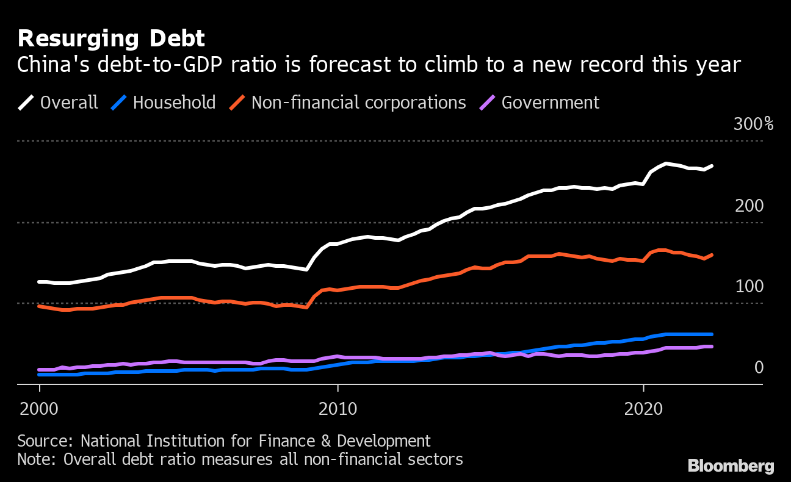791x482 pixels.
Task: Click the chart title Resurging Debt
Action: click(x=111, y=39)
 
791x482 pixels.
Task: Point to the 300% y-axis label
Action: click(x=753, y=124)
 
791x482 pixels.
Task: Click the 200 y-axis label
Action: click(x=749, y=206)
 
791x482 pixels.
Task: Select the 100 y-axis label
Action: click(x=749, y=287)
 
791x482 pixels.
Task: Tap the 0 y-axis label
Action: click(x=759, y=367)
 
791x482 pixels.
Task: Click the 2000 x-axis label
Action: click(x=40, y=409)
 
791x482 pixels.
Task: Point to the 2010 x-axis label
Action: click(x=338, y=409)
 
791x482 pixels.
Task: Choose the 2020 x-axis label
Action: click(x=643, y=409)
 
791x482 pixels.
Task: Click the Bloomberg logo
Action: click(x=731, y=466)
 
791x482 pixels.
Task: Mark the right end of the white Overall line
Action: click(x=712, y=166)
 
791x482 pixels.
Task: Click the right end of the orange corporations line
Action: click(x=712, y=255)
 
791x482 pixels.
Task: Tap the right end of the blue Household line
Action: click(x=712, y=334)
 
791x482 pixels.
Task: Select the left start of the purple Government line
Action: click(x=40, y=370)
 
